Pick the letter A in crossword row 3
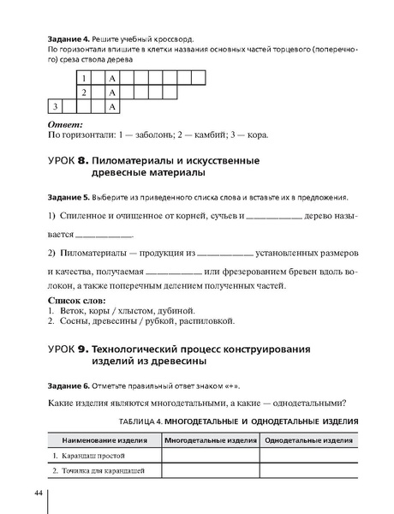point(112,106)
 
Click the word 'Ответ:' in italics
point(65,125)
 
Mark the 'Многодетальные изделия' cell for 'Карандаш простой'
point(211,456)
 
